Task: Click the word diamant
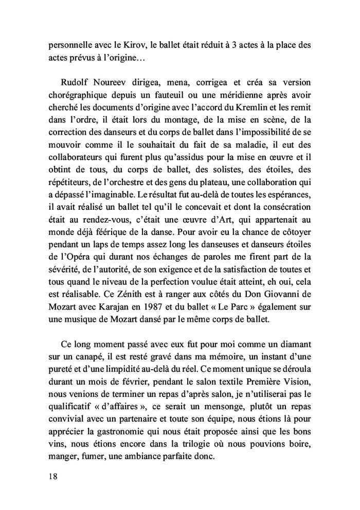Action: (x=294, y=342)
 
